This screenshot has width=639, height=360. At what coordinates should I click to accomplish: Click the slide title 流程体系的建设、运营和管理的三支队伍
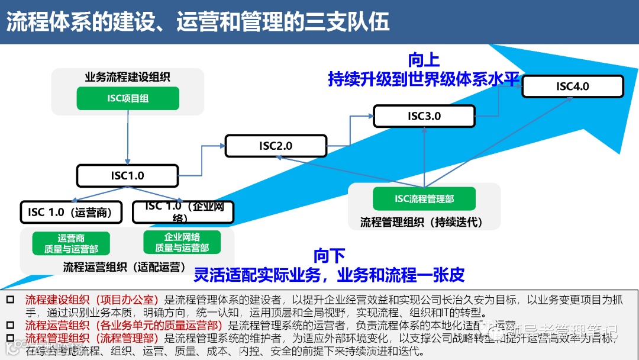198,22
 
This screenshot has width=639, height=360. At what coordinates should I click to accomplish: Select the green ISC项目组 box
128,98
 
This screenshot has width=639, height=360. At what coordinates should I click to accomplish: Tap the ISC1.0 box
128,175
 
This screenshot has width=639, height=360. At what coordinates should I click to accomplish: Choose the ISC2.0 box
276,146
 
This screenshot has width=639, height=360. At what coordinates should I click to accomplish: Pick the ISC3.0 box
424,116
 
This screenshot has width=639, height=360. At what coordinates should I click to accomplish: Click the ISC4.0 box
573,86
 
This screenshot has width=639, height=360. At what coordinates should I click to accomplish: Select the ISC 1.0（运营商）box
70,212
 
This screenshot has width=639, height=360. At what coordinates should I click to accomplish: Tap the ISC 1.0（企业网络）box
183,212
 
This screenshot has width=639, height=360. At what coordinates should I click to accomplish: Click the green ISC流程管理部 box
424,199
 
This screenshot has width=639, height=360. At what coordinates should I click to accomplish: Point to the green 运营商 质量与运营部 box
71,243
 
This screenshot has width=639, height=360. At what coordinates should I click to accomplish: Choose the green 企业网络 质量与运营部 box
182,243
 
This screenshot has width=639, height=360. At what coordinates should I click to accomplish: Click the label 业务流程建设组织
128,77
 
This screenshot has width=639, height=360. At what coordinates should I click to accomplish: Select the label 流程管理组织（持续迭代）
422,223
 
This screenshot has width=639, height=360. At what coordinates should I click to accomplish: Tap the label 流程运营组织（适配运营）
125,266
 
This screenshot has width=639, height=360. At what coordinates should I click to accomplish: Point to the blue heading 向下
330,256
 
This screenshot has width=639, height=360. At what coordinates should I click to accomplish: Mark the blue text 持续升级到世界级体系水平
424,79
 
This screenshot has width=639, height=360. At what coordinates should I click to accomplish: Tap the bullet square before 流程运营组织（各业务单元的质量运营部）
10,325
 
